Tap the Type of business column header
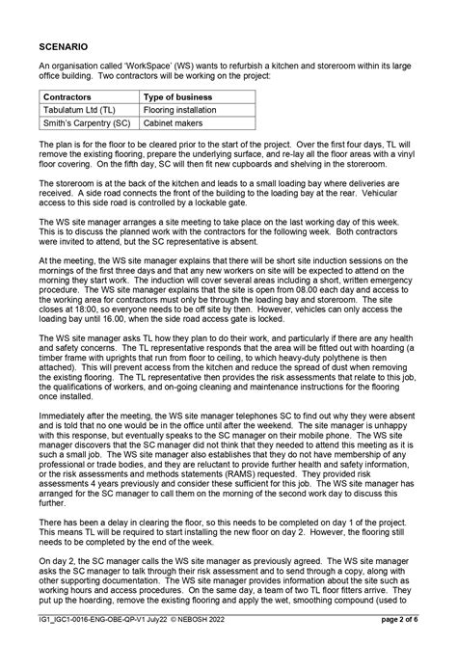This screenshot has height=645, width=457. tap(179, 97)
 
